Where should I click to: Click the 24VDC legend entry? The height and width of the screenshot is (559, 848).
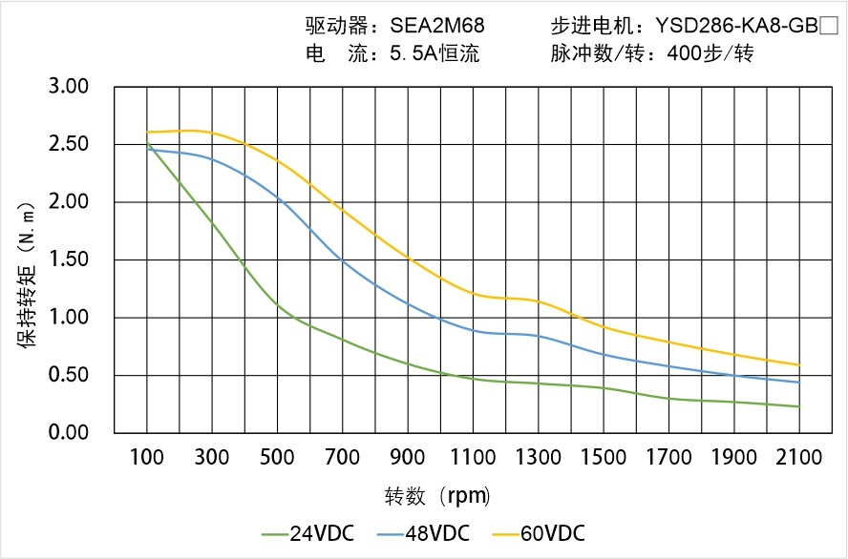click(307, 533)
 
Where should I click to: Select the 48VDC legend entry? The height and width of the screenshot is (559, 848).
click(423, 533)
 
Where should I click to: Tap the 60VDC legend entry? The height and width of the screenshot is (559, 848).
click(538, 533)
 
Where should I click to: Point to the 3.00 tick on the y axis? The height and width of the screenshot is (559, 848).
click(68, 87)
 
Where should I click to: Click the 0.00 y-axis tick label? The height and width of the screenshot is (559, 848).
click(68, 433)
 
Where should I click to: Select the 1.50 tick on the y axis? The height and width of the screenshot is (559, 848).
click(68, 260)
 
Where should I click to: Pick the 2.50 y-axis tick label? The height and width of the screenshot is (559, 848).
click(68, 145)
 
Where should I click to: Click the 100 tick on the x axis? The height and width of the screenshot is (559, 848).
click(147, 458)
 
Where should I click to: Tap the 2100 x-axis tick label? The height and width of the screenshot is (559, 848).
click(799, 458)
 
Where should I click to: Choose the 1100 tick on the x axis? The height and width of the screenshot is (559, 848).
click(473, 458)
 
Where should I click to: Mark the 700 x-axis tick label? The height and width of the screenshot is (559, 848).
click(343, 458)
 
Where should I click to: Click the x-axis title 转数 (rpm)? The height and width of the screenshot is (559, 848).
click(437, 496)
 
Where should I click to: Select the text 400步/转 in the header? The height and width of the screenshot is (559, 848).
click(711, 53)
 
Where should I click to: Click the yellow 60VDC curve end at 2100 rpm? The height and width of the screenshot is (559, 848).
click(799, 364)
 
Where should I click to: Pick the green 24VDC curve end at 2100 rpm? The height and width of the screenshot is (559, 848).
click(799, 406)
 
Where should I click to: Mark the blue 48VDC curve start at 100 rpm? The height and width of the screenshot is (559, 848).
click(147, 149)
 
